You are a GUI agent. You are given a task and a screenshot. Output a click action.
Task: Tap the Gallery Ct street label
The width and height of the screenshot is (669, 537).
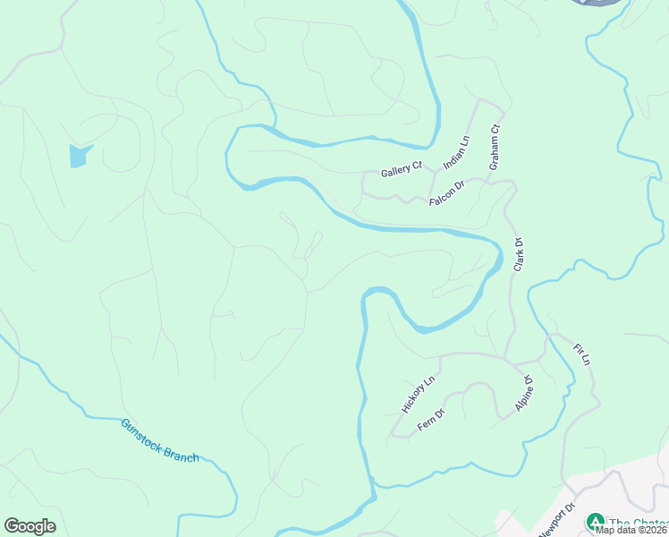pyautogui.click(x=401, y=169)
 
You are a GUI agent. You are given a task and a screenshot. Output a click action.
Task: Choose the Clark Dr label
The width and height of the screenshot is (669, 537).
pyautogui.click(x=518, y=254)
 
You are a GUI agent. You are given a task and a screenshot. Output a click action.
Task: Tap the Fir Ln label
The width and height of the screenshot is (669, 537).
pyautogui.click(x=582, y=353)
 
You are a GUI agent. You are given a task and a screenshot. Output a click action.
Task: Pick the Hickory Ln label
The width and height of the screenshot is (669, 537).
pyautogui.click(x=418, y=394)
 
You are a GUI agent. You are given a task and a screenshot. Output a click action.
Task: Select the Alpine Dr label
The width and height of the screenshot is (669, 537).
pyautogui.click(x=524, y=394)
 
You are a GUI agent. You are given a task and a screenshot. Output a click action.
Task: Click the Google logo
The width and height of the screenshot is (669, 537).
pyautogui.click(x=30, y=526)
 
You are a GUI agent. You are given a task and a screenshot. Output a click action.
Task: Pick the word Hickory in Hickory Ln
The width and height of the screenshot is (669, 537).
pyautogui.click(x=414, y=398)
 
